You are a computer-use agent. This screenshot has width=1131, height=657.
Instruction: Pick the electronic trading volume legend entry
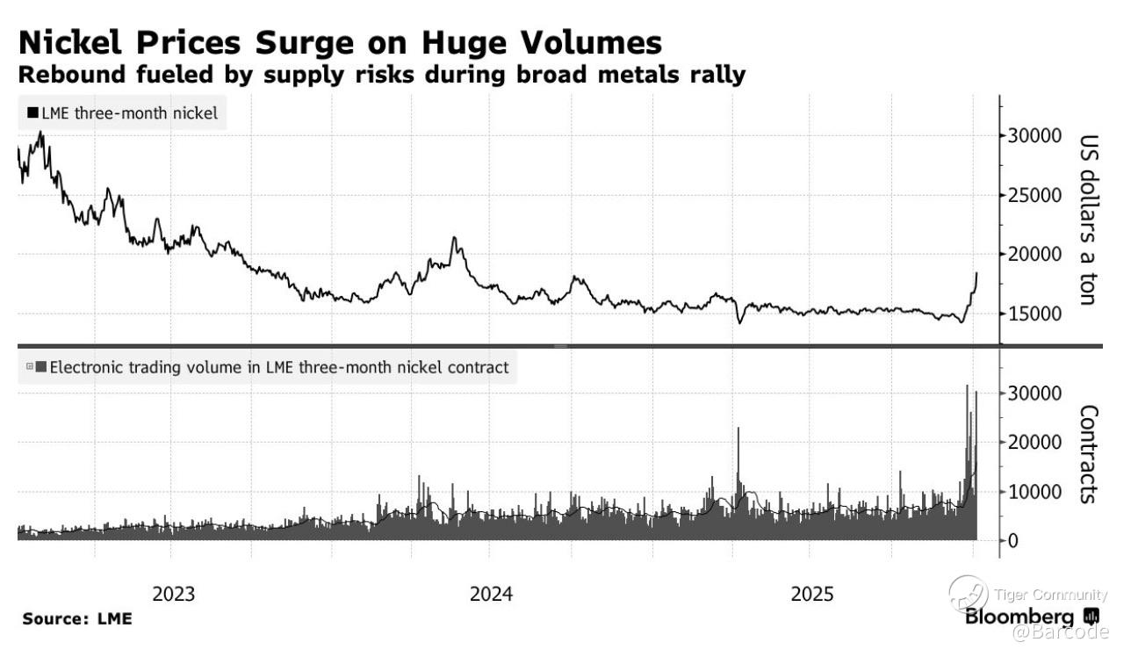270,367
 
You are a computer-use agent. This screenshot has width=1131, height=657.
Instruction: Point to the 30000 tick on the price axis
1029,136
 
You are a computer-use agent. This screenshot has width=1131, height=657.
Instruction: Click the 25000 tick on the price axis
1029,195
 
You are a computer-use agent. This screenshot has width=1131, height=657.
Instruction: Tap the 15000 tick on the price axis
1029,314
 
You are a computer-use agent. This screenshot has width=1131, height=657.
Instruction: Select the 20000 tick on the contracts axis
1029,442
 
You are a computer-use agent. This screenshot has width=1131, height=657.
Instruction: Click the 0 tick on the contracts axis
1013,540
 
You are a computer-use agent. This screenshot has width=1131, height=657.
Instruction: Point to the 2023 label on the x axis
174,595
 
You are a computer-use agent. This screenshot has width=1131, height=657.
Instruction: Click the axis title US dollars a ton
1089,220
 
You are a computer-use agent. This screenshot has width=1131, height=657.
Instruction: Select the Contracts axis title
1089,453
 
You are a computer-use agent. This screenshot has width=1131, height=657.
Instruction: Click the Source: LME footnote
77,618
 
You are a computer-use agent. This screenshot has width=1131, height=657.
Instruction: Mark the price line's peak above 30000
40,133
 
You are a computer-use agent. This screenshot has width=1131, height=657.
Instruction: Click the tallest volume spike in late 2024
738,428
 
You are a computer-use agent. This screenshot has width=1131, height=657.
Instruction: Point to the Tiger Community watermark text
1050,595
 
